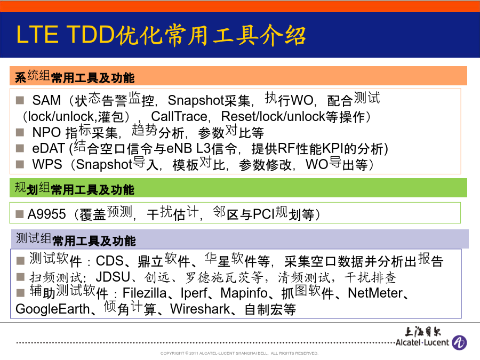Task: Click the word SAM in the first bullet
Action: pyautogui.click(x=46, y=100)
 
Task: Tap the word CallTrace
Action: pyautogui.click(x=179, y=116)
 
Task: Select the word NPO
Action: pyautogui.click(x=46, y=132)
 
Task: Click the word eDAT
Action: pyautogui.click(x=49, y=148)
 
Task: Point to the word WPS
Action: pyautogui.click(x=47, y=164)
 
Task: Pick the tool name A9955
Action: pyautogui.click(x=47, y=214)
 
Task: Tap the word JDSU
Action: pyautogui.click(x=113, y=277)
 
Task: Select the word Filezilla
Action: pyautogui.click(x=145, y=293)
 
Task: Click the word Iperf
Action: pyautogui.click(x=194, y=293)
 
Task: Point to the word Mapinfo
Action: pyautogui.click(x=244, y=293)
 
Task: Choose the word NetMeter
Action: pyautogui.click(x=375, y=293)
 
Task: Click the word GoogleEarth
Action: pyautogui.click(x=52, y=309)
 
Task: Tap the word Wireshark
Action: pyautogui.click(x=200, y=309)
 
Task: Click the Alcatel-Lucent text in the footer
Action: pyautogui.click(x=422, y=342)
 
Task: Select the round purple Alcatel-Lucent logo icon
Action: pyautogui.click(x=459, y=342)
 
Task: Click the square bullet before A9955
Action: pyautogui.click(x=20, y=214)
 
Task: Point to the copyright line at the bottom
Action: pyautogui.click(x=239, y=353)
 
